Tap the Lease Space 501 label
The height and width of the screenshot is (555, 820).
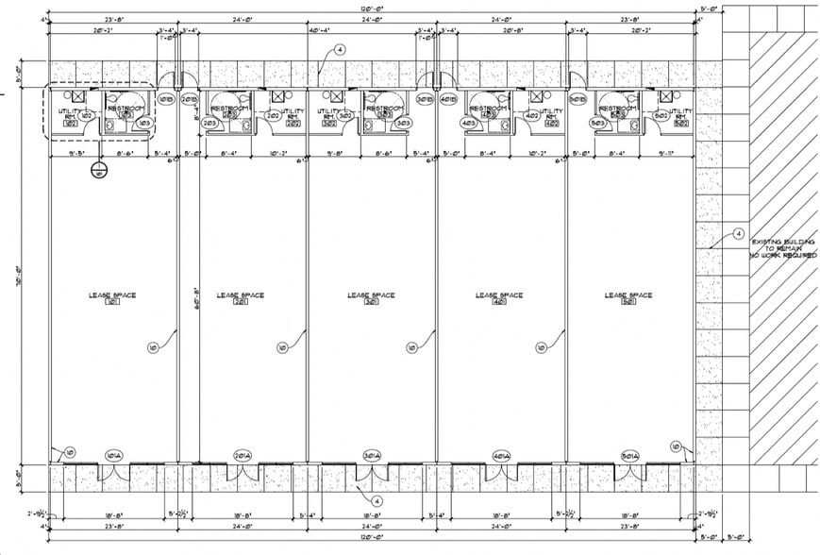(x=629, y=298)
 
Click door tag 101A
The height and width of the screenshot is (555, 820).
(x=116, y=455)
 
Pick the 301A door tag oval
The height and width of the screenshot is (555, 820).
(x=371, y=455)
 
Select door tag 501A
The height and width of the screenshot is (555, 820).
(x=629, y=455)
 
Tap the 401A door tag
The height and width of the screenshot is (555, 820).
(x=501, y=455)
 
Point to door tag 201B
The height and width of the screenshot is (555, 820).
(x=188, y=99)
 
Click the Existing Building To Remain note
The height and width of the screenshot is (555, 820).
(x=780, y=248)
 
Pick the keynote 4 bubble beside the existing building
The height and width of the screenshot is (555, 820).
(x=738, y=233)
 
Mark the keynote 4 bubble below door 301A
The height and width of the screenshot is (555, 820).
(x=376, y=500)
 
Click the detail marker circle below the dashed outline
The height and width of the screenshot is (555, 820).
(x=97, y=170)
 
